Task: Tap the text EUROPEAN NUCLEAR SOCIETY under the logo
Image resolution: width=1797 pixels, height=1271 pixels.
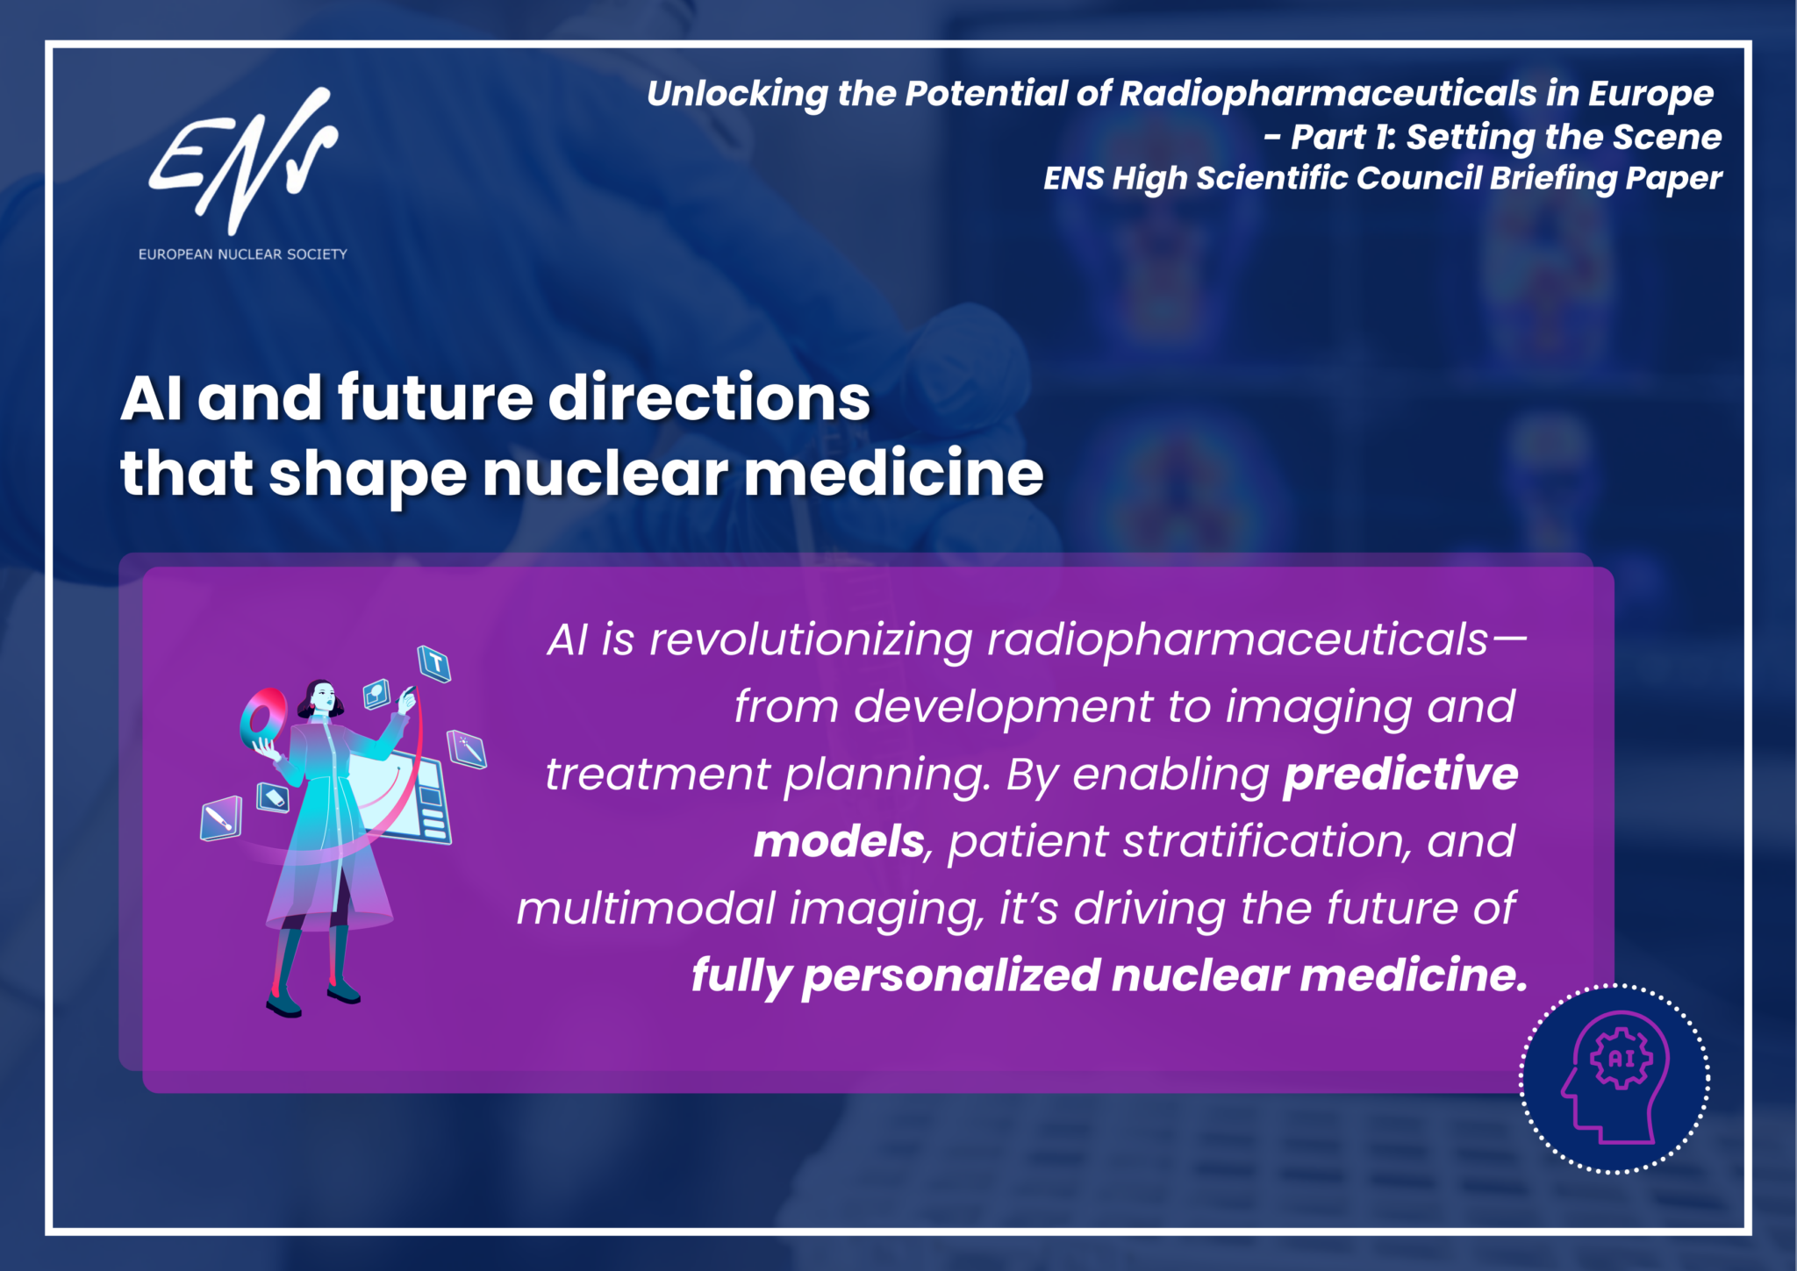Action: (x=243, y=254)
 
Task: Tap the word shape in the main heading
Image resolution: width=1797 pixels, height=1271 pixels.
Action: (x=368, y=475)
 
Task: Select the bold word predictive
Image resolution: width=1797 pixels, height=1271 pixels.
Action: (x=1400, y=774)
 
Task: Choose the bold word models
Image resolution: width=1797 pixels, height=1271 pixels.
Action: (x=839, y=841)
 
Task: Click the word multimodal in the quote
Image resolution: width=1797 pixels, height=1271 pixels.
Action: (x=646, y=908)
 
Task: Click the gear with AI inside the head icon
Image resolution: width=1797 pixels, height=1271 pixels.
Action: (x=1622, y=1058)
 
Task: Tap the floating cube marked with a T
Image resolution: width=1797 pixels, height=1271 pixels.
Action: (x=434, y=663)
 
